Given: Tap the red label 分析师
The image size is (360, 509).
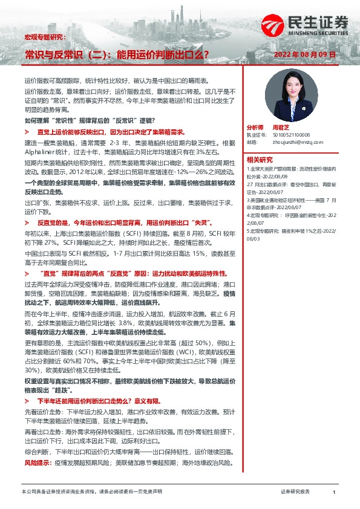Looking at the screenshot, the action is pyautogui.click(x=255, y=128).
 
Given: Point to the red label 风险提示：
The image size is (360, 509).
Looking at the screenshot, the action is pyautogui.click(x=38, y=462).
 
